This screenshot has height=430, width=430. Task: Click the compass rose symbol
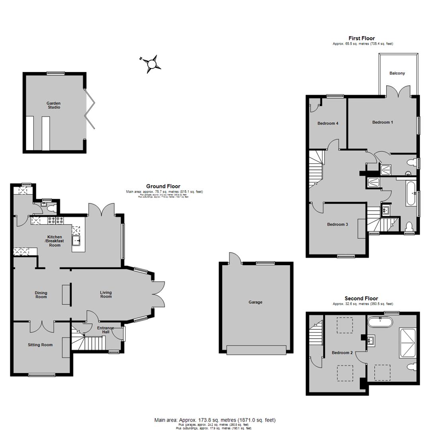pyautogui.click(x=151, y=64)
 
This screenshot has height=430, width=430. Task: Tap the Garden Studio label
pyautogui.click(x=53, y=105)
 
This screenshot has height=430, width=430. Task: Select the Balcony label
pyautogui.click(x=397, y=73)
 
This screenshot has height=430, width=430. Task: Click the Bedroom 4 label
pyautogui.click(x=328, y=123)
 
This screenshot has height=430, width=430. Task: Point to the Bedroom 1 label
pyautogui.click(x=383, y=122)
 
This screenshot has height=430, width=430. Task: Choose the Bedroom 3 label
pyautogui.click(x=338, y=225)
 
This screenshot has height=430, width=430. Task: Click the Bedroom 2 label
pyautogui.click(x=342, y=352)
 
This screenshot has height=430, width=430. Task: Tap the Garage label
pyautogui.click(x=255, y=302)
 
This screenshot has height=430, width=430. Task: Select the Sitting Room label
pyautogui.click(x=40, y=345)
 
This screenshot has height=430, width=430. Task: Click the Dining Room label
pyautogui.click(x=41, y=295)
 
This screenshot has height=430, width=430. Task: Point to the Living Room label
pyautogui.click(x=106, y=295)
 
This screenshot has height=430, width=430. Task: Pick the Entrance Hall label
pyautogui.click(x=106, y=330)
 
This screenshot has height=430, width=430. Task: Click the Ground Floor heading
pyautogui.click(x=163, y=186)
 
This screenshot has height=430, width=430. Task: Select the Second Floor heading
pyautogui.click(x=361, y=298)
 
